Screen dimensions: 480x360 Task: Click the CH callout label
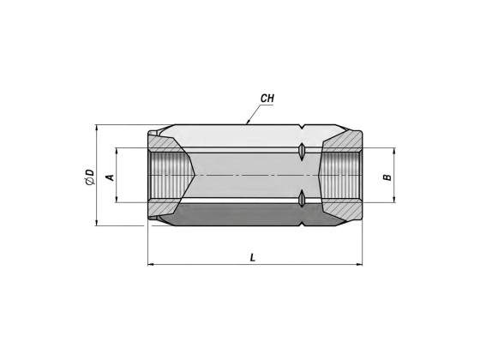[267, 99]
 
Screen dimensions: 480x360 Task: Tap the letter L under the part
[253, 258]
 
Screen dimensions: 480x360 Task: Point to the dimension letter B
[387, 177]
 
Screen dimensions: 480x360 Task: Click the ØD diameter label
[91, 177]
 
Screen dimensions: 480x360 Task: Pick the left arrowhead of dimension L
[151, 265]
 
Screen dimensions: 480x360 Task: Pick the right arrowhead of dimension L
[359, 265]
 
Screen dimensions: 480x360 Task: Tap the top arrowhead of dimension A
[117, 151]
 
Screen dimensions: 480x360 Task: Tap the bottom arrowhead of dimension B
[394, 200]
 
